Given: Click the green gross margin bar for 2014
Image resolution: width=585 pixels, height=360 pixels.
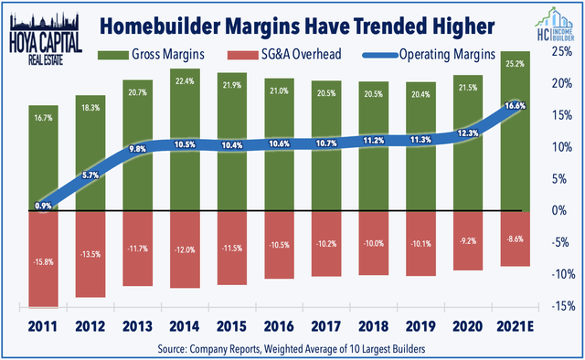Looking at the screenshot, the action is coord(185,140).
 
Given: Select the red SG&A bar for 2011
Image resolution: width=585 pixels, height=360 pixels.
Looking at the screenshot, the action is coord(44,259).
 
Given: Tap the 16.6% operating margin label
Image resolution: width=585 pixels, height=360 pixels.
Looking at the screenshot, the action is coord(516,106).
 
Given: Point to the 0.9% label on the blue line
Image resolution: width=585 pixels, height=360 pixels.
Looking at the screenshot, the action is coord(43,206).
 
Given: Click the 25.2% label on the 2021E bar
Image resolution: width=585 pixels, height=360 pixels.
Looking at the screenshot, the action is coord(516,64).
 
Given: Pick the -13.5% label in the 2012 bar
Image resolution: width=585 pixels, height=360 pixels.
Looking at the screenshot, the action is coord(90,254).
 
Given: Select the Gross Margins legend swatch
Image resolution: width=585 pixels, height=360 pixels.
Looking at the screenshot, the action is coord(113,55).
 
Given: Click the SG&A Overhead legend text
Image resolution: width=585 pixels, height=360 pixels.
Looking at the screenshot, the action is coord(301,55).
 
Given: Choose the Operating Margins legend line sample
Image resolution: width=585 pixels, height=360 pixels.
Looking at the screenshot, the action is coord(380,55).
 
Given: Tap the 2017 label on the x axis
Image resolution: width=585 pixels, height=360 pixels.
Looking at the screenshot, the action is coord(326,326).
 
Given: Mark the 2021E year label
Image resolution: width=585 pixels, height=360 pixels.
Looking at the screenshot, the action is coord(515,326).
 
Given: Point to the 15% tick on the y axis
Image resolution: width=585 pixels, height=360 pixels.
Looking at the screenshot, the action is coord(562,115).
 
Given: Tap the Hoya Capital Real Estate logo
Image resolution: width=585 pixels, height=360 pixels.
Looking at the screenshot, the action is coord(46,38).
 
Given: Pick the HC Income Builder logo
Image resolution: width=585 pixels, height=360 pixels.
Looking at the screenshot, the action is coord(556,25).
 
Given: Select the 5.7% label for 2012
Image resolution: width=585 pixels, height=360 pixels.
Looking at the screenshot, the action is coord(90,175).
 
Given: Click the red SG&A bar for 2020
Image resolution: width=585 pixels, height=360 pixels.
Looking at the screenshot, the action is coord(468,241).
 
